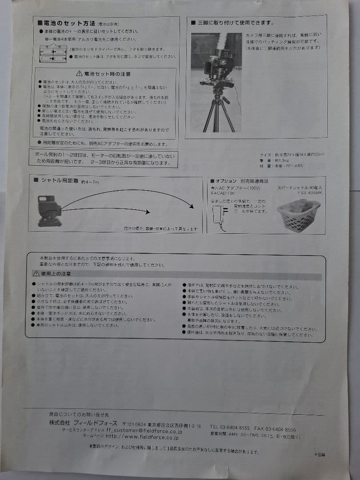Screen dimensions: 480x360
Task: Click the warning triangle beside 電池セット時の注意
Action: pyautogui.click(x=79, y=73)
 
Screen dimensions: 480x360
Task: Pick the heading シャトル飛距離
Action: pyautogui.click(x=60, y=181)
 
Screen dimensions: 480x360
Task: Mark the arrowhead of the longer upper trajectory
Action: pyautogui.click(x=192, y=206)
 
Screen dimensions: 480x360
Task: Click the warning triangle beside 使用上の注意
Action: pyautogui.click(x=36, y=274)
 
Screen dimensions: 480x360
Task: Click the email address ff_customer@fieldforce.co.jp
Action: pyautogui.click(x=144, y=431)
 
